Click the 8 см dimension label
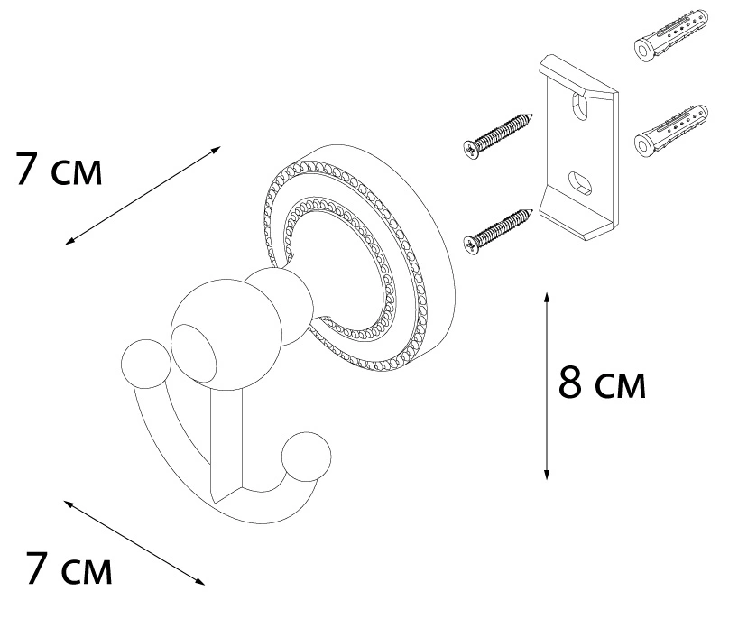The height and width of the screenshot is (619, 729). click(602, 383)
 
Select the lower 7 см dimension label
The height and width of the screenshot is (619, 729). click(69, 568)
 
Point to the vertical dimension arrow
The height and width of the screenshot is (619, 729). click(548, 386)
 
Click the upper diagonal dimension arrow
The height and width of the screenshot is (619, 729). click(143, 195)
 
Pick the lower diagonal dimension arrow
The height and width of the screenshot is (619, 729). click(134, 542)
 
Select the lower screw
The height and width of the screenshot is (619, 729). click(498, 232)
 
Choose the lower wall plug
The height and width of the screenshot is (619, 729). click(671, 130)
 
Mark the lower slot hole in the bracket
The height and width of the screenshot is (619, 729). click(580, 183)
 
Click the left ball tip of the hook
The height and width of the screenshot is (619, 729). click(146, 364)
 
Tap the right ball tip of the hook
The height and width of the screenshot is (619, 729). click(307, 457)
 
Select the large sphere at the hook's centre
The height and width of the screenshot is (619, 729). click(226, 334)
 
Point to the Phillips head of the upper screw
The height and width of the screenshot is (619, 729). click(472, 149)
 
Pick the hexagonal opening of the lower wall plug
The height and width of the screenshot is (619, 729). click(644, 144)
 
